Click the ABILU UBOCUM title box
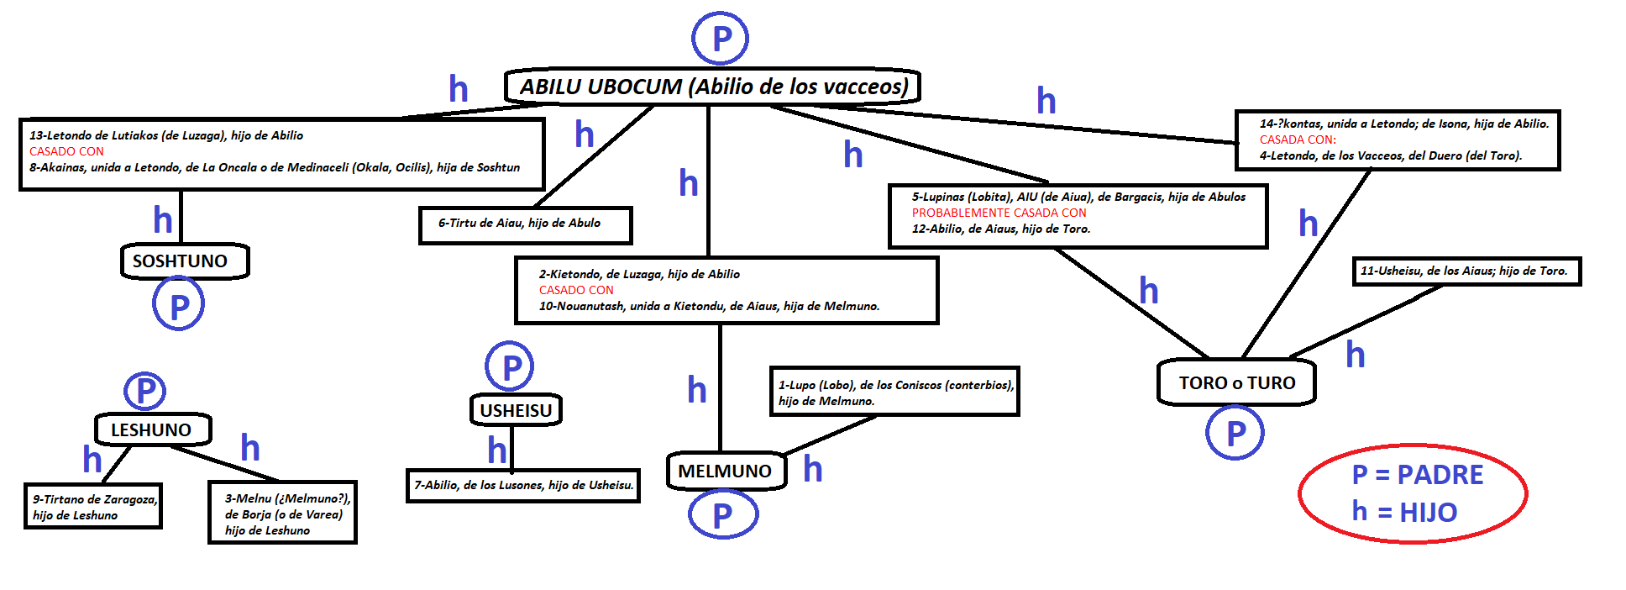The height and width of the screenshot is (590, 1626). (712, 87)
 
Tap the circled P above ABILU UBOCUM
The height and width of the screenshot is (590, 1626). (720, 39)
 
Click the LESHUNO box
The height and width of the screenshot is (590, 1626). (152, 429)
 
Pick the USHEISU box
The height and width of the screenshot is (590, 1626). (516, 410)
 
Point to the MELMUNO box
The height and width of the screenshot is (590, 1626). (726, 471)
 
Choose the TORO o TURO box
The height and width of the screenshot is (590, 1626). (1236, 383)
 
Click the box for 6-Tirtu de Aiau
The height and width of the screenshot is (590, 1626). (525, 224)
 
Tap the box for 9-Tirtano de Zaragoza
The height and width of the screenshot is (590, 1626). (93, 506)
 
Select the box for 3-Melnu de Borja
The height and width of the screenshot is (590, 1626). (283, 513)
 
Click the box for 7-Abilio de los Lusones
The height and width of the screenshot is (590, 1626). (523, 485)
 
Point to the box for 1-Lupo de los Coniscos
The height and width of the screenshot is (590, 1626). (894, 392)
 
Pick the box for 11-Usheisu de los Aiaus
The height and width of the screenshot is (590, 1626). (1466, 271)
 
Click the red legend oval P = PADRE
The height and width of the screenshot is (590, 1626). (1413, 493)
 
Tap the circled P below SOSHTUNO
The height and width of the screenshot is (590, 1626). (178, 305)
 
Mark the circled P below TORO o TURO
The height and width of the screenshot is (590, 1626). (1235, 433)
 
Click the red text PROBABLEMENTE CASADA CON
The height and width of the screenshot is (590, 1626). (999, 213)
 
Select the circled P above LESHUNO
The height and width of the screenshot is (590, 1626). (145, 391)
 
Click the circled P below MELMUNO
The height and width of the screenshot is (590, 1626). (722, 514)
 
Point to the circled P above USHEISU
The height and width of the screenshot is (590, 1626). (510, 366)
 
